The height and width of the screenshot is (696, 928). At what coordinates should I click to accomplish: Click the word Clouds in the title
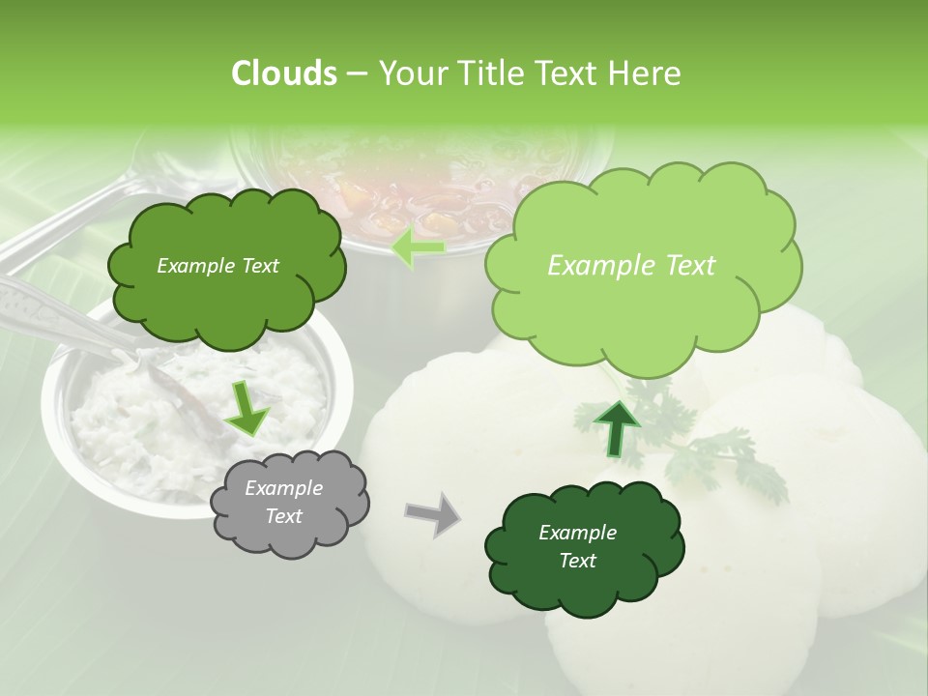[x=283, y=73]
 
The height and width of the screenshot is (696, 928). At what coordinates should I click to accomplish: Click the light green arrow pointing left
[x=419, y=247]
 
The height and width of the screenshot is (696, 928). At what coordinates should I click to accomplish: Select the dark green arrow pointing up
[x=616, y=427]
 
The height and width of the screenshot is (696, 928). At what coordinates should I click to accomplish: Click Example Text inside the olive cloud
[x=217, y=266]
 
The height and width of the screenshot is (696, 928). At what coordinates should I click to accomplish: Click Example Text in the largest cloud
[x=631, y=266]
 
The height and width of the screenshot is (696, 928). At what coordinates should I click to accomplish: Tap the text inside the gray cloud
[x=283, y=502]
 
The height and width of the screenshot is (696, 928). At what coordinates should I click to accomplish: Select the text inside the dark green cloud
[x=577, y=546]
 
